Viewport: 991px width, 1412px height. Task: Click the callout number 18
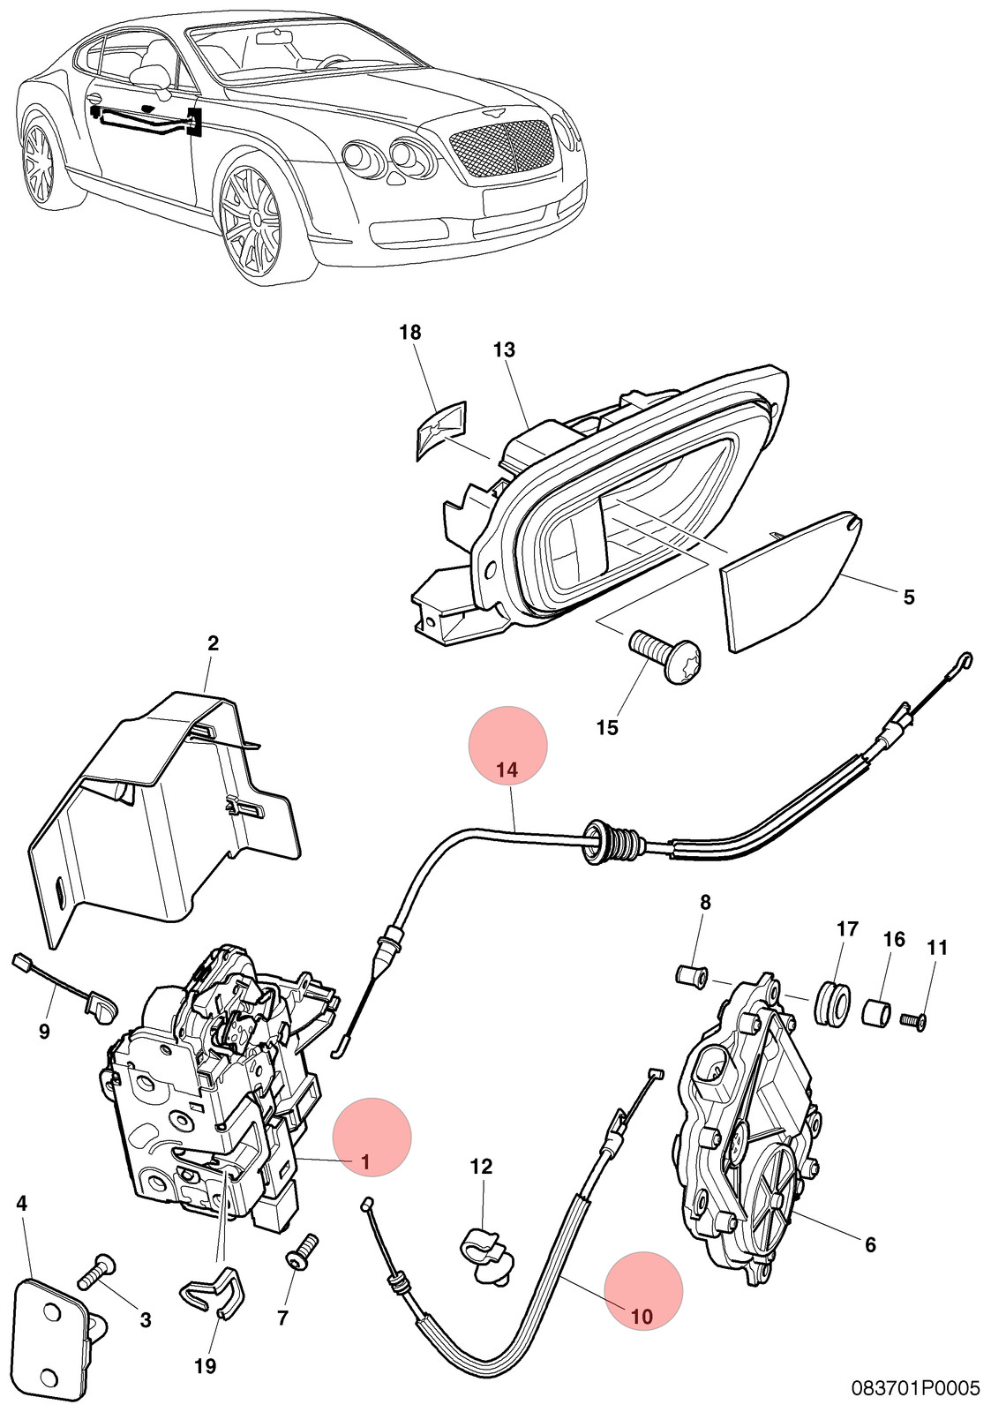[410, 332]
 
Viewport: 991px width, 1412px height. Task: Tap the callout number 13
[505, 349]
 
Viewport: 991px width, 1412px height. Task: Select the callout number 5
[908, 597]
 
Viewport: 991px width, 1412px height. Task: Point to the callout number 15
[608, 727]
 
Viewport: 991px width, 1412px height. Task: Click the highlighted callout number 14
[507, 770]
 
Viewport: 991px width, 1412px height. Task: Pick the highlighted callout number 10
[642, 1316]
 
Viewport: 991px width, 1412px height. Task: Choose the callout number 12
[481, 1166]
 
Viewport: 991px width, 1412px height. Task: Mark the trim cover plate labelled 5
[792, 579]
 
